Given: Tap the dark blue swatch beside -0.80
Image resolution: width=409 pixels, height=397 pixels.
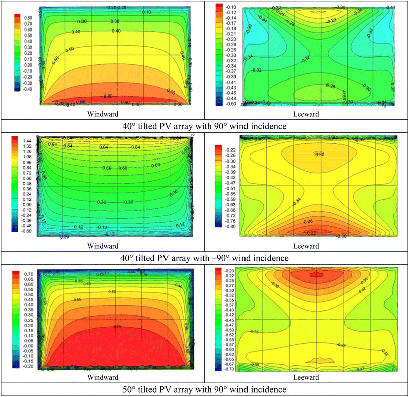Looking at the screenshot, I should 218,241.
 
